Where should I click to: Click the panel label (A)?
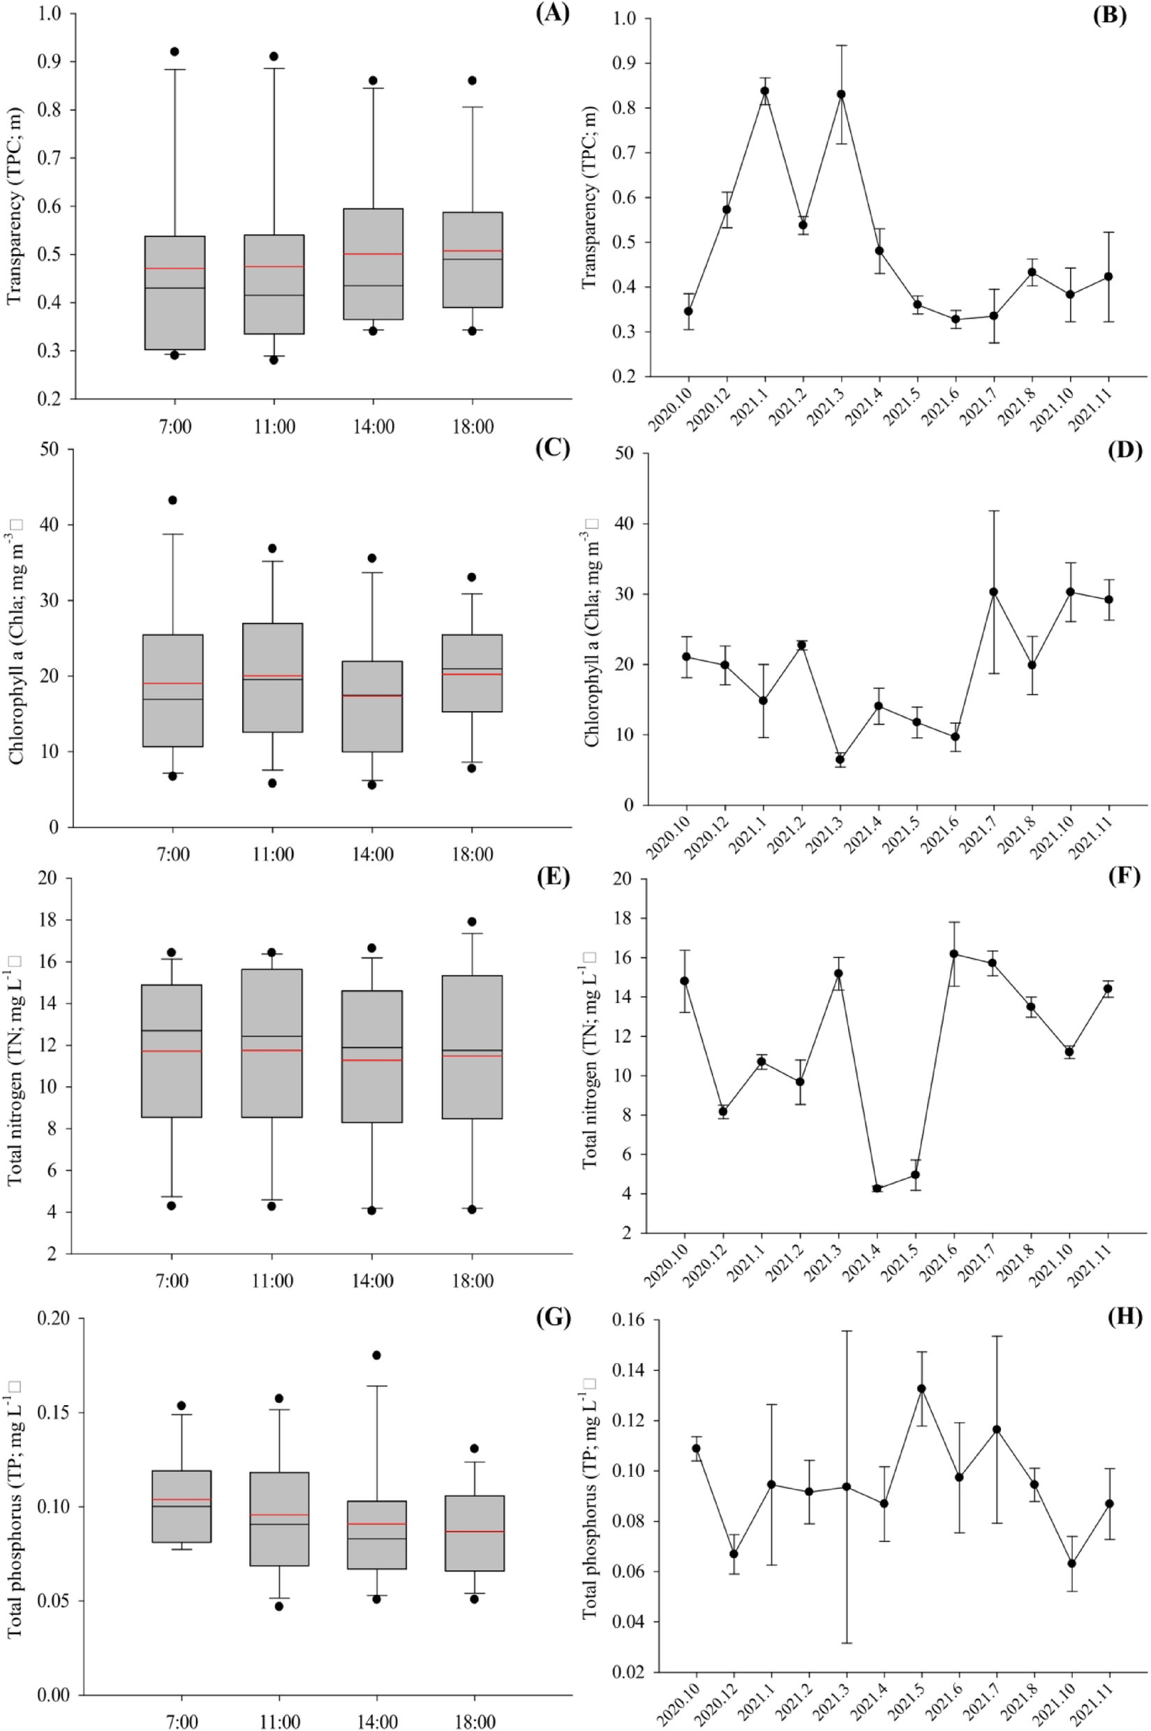552,14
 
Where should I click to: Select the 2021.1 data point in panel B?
764,91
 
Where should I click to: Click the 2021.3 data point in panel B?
841,94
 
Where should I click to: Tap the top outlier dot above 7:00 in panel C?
173,500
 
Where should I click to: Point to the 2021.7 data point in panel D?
993,592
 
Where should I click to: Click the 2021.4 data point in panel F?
877,1188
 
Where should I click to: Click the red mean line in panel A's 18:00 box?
472,251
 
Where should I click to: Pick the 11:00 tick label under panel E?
272,1280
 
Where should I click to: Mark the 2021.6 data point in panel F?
954,953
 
